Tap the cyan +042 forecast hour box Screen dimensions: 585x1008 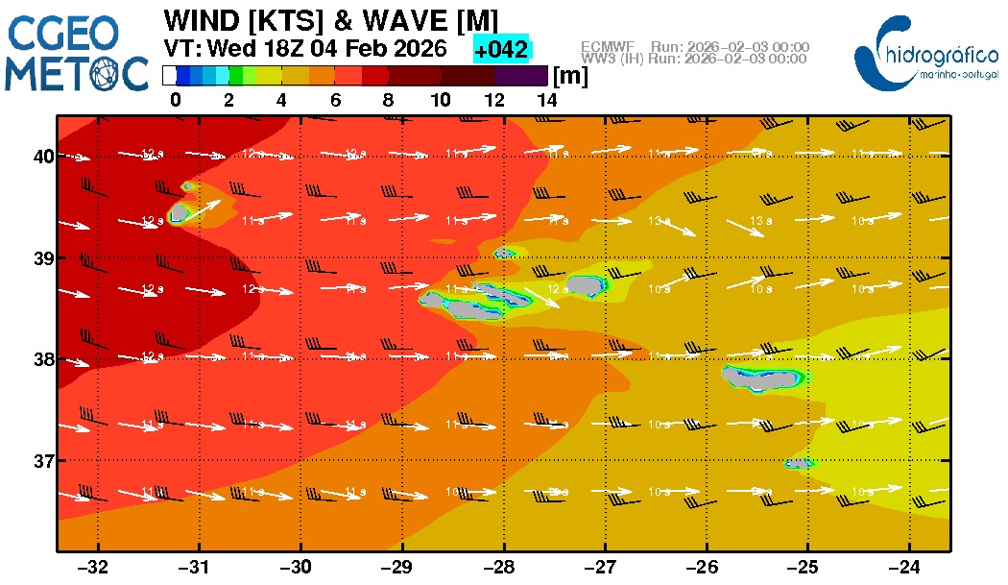click(502, 49)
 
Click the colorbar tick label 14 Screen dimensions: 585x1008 click(547, 99)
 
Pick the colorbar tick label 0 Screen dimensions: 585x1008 click(175, 99)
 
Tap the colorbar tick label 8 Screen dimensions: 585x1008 click(388, 99)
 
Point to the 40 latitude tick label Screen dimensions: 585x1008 click(42, 156)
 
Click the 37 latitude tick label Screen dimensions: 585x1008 click(42, 460)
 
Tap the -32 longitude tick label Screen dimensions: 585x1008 click(97, 567)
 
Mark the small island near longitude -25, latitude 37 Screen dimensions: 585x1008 click(798, 463)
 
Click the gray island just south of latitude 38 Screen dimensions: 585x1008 click(762, 378)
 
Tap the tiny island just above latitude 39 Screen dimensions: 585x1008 click(503, 254)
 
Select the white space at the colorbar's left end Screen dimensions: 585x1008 click(169, 75)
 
